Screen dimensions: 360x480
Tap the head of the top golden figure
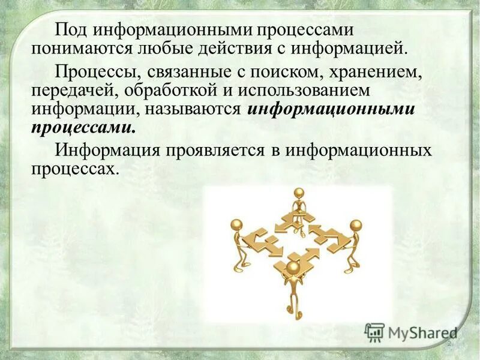[299, 194]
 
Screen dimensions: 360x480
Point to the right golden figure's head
[356, 225]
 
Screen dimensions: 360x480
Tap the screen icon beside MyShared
[374, 332]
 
